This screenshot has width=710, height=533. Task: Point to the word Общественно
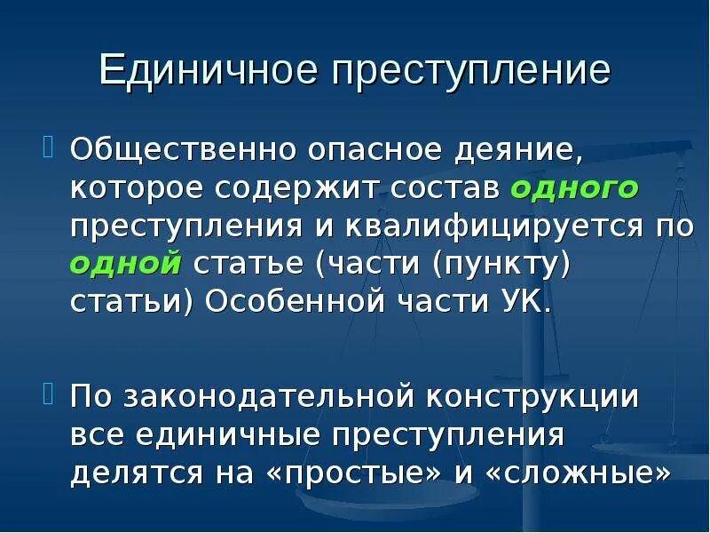point(184,147)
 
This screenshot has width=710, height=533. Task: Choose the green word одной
point(126,263)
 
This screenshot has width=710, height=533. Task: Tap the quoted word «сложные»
point(575,473)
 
